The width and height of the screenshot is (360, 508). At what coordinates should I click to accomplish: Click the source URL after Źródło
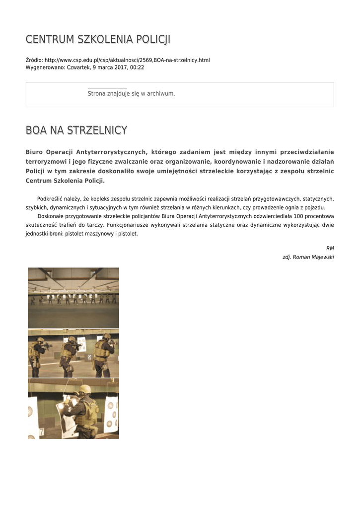(x=127, y=60)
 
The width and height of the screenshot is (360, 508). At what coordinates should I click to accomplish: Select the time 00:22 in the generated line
(x=137, y=67)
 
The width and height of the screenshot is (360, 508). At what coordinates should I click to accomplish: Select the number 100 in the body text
(x=298, y=216)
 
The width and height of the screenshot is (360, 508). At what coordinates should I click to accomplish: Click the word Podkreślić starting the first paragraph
(x=51, y=198)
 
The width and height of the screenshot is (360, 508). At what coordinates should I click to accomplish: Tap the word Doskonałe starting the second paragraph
(x=51, y=216)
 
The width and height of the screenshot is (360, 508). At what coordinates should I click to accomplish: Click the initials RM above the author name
(x=330, y=248)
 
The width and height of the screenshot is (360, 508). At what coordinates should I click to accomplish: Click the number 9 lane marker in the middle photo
(x=89, y=357)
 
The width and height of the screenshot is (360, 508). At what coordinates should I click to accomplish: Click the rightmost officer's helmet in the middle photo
(x=107, y=337)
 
